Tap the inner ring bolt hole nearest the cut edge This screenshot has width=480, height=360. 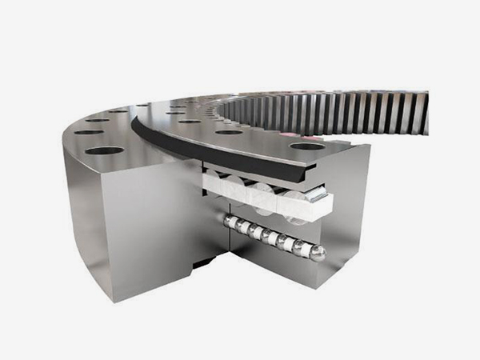(x=308, y=146)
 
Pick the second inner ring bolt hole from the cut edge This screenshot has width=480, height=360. (x=230, y=132)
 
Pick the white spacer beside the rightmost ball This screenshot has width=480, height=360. (x=309, y=249)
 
